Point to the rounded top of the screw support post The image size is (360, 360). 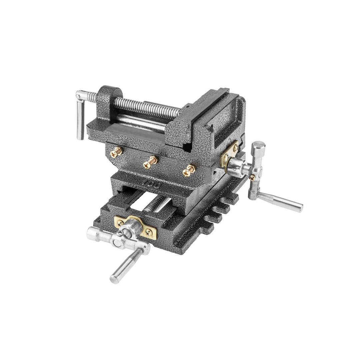[110, 91]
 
